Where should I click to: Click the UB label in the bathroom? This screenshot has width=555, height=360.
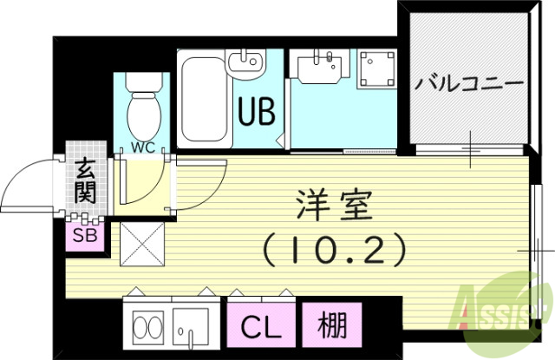click(x=254, y=112)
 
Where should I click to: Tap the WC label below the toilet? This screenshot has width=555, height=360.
click(x=143, y=147)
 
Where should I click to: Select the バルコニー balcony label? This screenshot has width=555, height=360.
click(x=468, y=84)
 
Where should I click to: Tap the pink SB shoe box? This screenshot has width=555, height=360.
click(x=85, y=234)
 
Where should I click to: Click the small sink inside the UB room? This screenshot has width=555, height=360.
click(x=250, y=62)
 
